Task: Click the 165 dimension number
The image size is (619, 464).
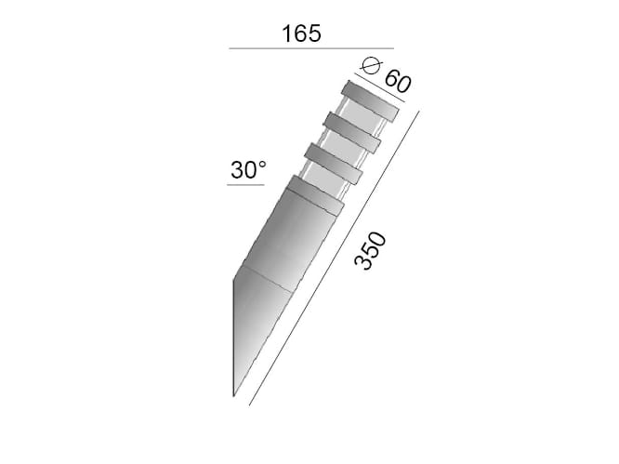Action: click(301, 33)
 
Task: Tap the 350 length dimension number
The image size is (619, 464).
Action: click(370, 251)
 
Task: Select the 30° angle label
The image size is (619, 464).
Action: click(248, 170)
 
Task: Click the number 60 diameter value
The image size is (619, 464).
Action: click(398, 81)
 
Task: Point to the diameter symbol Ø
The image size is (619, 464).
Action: click(372, 65)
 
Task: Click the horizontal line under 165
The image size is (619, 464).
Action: click(311, 48)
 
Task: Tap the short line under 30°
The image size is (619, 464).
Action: click(245, 185)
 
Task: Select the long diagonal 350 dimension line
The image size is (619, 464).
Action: click(334, 259)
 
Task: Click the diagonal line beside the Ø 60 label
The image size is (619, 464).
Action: click(379, 87)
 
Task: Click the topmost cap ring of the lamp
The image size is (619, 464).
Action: click(369, 101)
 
